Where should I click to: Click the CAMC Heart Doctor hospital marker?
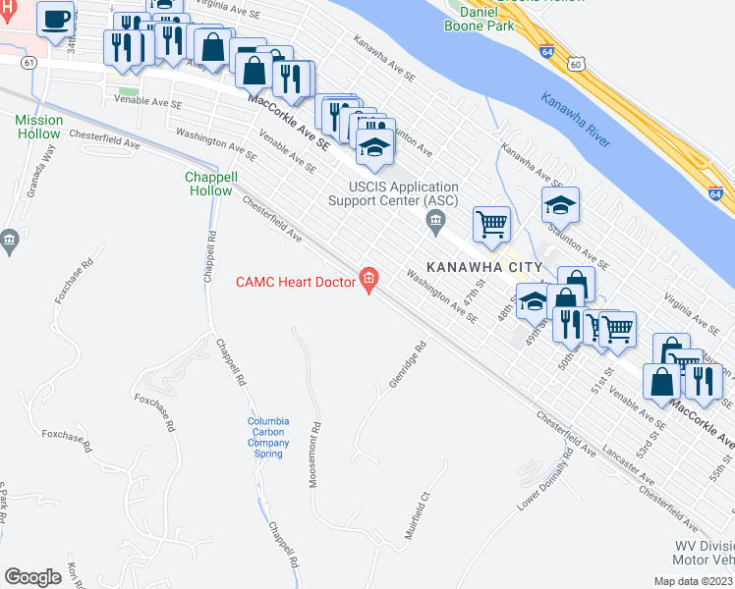coord(369,281)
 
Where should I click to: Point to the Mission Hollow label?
coord(38,127)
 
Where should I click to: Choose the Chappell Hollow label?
coord(211,184)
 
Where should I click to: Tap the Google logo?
coord(32,577)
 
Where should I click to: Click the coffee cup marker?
coord(57,18)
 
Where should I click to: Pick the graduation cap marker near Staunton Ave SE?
coord(559,205)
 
